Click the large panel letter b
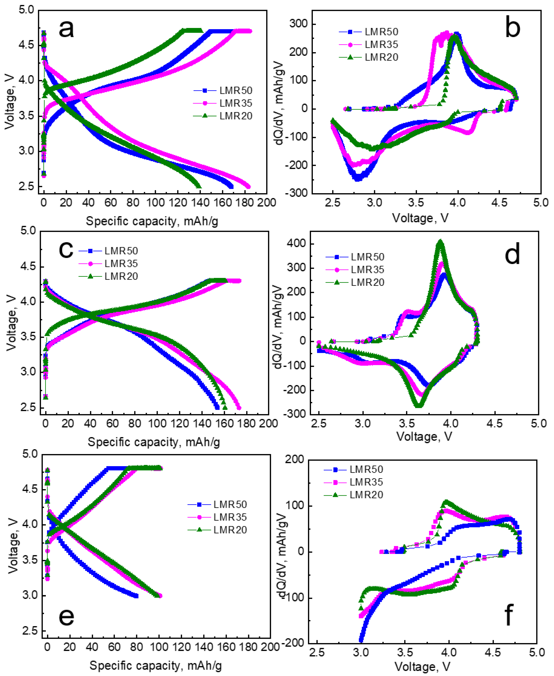point(513,28)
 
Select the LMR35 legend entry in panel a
point(235,103)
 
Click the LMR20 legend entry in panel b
point(381,57)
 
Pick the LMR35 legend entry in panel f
point(366,482)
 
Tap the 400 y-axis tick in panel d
point(297,244)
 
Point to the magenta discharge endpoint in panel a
point(248,187)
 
